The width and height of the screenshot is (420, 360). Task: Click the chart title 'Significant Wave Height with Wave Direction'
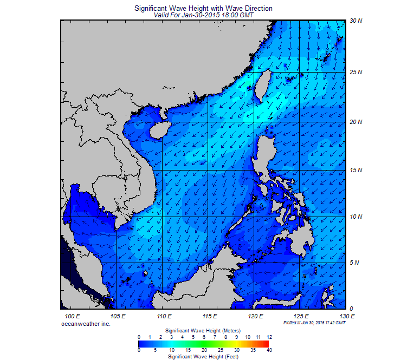click(203, 9)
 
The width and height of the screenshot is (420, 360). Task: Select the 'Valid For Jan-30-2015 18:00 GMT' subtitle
click(203, 15)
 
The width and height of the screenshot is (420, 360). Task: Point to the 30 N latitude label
click(356, 21)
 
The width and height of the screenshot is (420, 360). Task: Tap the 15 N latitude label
click(356, 171)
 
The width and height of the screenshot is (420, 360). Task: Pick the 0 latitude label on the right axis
click(351, 309)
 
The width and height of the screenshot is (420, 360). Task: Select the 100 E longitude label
click(73, 316)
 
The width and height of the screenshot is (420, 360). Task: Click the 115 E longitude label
click(210, 316)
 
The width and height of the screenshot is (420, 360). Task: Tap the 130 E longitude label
click(347, 316)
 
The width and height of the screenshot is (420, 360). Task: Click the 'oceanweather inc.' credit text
click(86, 323)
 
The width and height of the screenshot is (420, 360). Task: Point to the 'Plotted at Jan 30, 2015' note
click(314, 323)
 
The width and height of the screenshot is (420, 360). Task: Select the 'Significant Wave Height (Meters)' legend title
click(203, 330)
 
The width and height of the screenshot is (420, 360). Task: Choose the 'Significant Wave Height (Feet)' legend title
click(203, 357)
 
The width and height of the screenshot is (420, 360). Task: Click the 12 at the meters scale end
click(269, 337)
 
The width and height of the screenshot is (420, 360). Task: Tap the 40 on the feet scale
click(269, 350)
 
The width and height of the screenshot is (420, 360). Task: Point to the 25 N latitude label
click(356, 72)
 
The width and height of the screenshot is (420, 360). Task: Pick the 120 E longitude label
click(255, 316)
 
